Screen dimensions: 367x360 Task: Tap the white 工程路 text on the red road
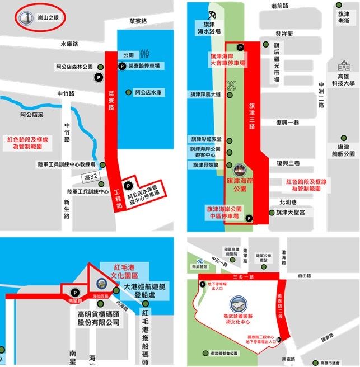pyautogui.click(x=118, y=199)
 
